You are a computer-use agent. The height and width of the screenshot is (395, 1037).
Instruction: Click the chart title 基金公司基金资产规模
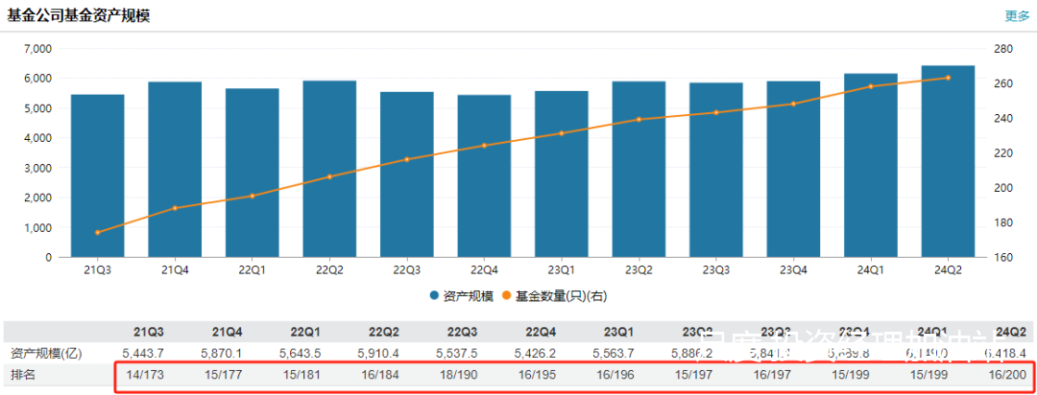(x=79, y=15)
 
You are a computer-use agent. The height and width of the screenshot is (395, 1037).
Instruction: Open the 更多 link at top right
(x=1017, y=15)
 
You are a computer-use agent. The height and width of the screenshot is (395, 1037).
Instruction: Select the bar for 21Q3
(x=97, y=175)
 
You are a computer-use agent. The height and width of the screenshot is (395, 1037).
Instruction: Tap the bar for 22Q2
(x=329, y=169)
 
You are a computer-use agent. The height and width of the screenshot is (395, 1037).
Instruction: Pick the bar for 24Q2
(x=948, y=161)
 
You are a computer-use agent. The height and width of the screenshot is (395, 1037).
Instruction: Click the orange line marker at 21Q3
(x=97, y=232)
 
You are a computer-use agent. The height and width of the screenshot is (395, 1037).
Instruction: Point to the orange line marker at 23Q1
(x=562, y=133)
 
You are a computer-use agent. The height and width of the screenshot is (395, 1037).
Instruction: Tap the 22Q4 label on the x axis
(x=484, y=270)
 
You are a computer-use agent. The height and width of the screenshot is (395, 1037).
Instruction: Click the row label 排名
(x=22, y=374)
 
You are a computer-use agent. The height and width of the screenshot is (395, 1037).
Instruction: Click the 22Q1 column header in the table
(x=305, y=331)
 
